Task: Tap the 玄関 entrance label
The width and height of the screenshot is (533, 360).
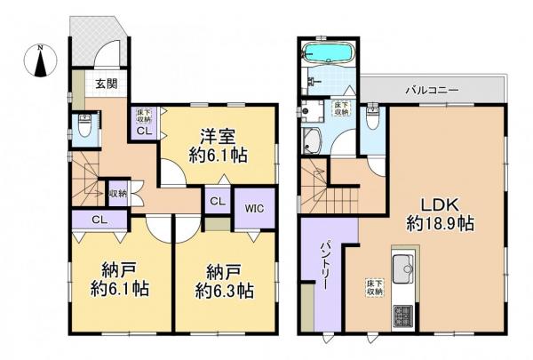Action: (x=106, y=85)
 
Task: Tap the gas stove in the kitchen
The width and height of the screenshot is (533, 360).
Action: (x=402, y=316)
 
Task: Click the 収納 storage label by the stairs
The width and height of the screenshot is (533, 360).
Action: (x=117, y=192)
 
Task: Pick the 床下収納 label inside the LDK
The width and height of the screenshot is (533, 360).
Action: (x=373, y=290)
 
